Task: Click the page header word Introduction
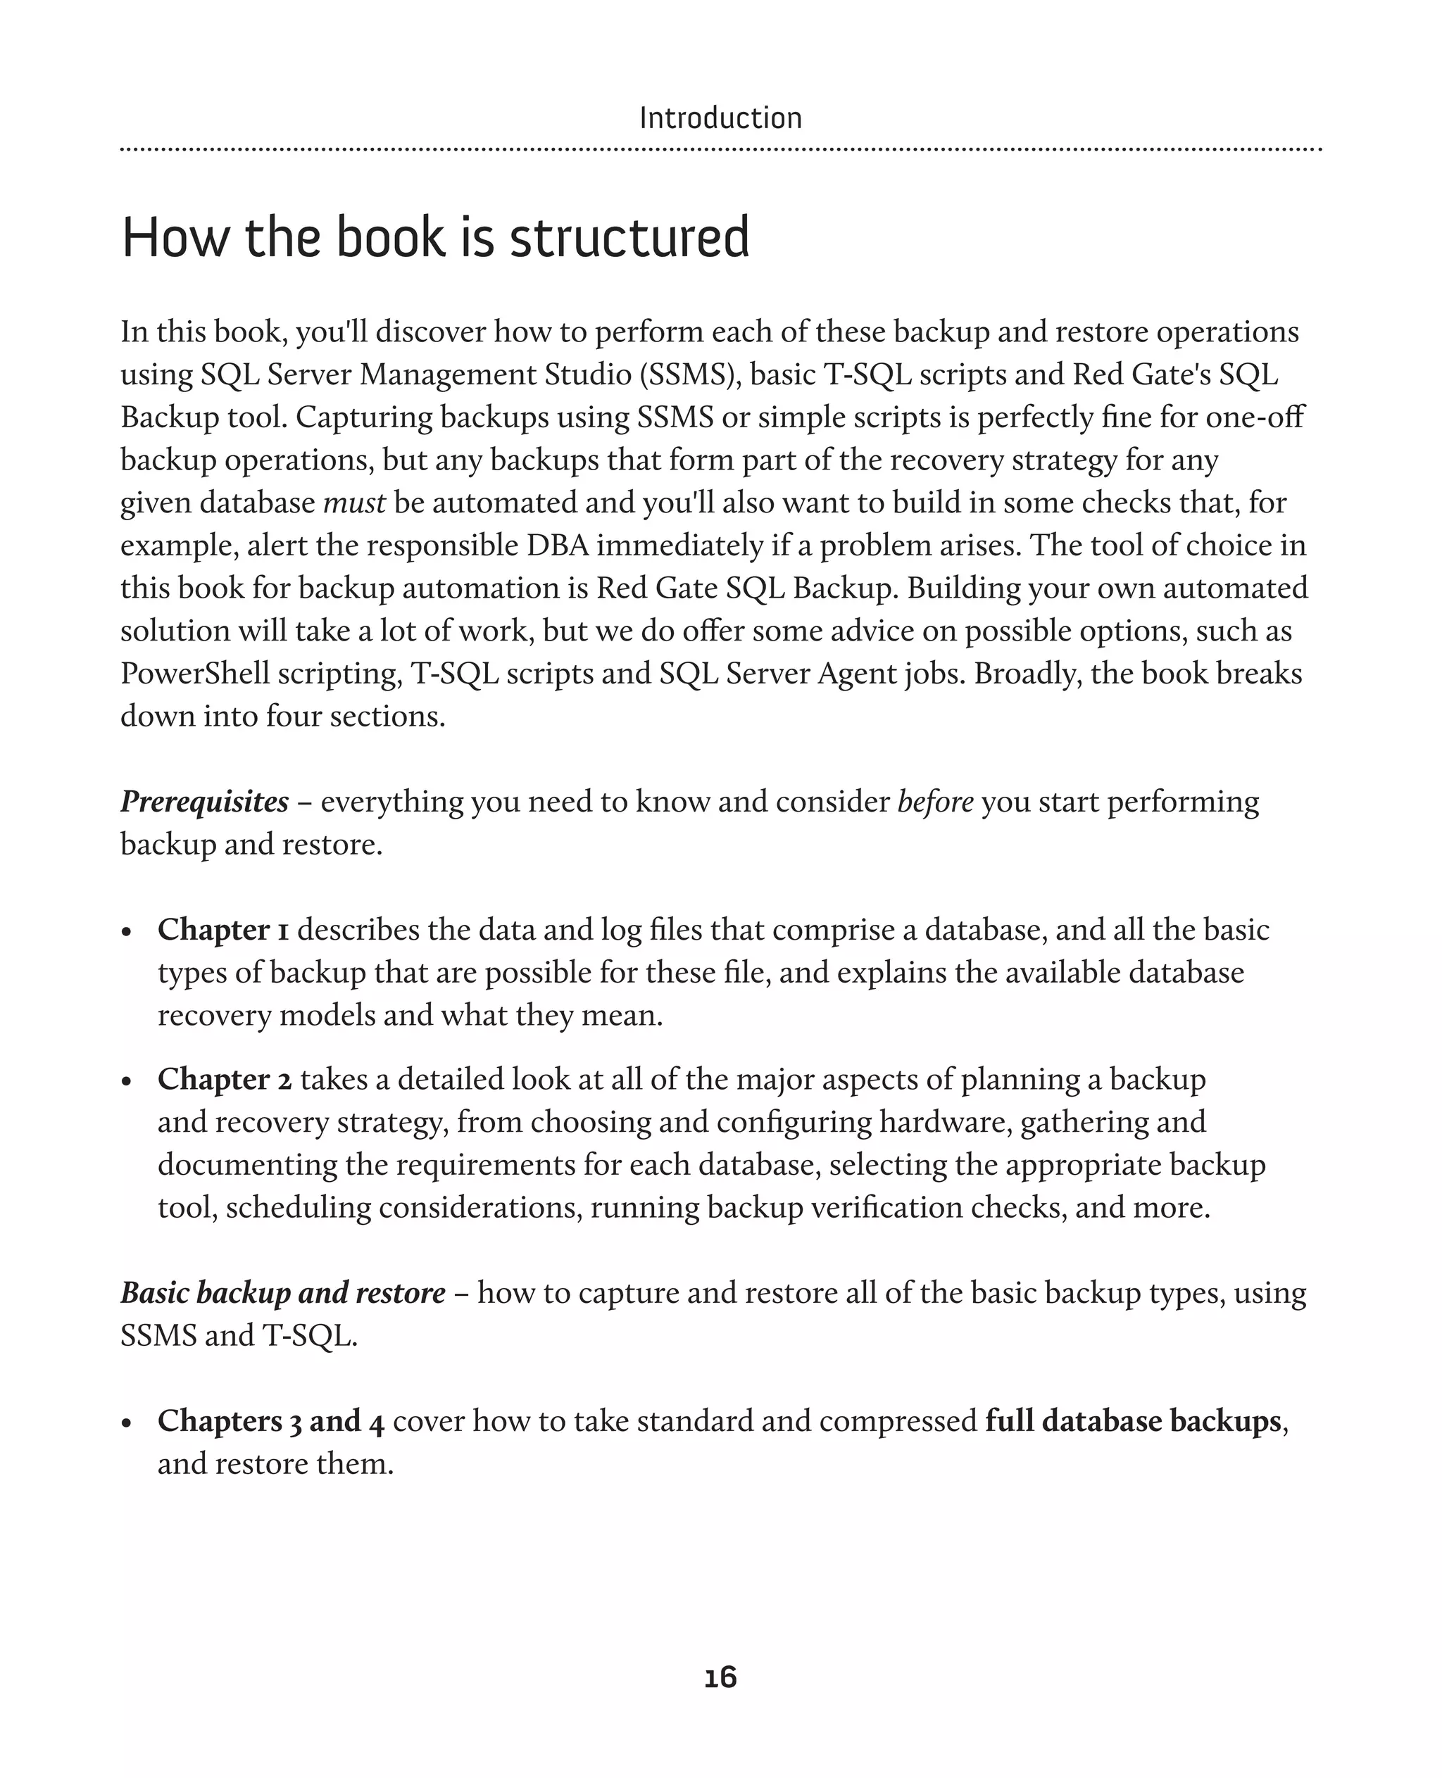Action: tap(720, 119)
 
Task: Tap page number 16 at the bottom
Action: tap(720, 1677)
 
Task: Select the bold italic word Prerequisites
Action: tap(204, 802)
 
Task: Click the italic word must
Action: tap(354, 503)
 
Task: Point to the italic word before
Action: tap(935, 802)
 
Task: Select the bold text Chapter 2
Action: tap(225, 1079)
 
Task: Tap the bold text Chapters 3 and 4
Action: tap(271, 1421)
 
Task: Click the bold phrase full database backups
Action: tap(1133, 1421)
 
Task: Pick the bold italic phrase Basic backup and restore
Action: tap(282, 1293)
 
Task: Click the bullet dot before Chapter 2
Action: tap(127, 1082)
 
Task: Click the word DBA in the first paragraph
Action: tap(558, 546)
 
